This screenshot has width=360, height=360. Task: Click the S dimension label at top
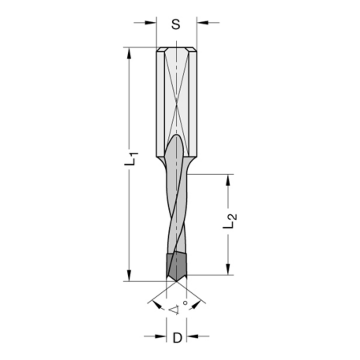point(176,25)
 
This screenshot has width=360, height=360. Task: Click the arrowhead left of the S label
point(151,23)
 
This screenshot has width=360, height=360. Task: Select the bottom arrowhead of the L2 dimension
point(228,269)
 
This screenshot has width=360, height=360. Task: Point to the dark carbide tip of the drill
point(177,267)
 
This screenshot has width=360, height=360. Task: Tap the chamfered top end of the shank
point(176,49)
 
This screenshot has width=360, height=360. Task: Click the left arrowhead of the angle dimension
point(157,305)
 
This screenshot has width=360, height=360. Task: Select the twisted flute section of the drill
point(176,209)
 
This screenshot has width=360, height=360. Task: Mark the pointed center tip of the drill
point(176,281)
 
